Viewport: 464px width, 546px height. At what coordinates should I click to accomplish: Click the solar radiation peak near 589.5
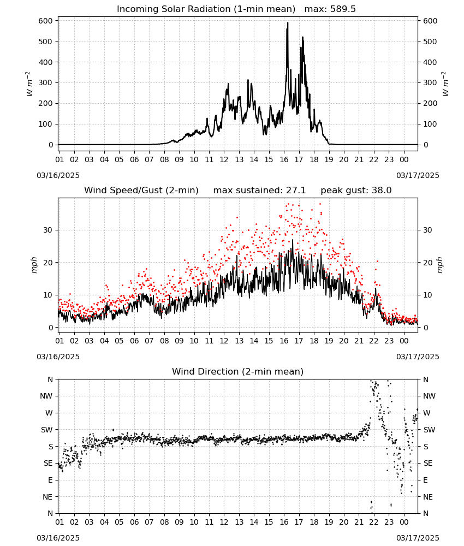click(x=288, y=23)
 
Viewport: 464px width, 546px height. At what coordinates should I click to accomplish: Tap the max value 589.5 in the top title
click(x=343, y=9)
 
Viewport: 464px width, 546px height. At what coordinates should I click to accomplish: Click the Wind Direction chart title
click(x=238, y=371)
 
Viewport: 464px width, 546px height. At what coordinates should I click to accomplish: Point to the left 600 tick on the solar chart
click(x=46, y=21)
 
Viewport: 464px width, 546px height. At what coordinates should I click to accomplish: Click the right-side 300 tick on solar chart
click(x=430, y=83)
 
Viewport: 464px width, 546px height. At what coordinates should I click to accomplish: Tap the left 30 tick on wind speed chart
click(x=49, y=230)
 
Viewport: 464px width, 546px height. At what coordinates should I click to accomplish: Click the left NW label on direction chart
click(x=46, y=396)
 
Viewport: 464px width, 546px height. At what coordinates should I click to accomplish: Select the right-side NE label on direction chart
click(x=428, y=497)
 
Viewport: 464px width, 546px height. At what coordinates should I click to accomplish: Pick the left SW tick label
click(x=47, y=430)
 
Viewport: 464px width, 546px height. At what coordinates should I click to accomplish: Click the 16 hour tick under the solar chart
click(x=284, y=160)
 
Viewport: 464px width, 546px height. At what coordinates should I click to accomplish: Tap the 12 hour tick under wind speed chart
click(x=224, y=341)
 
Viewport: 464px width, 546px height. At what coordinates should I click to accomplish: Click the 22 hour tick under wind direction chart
click(x=374, y=523)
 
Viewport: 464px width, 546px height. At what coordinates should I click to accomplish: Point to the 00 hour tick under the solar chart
click(x=404, y=160)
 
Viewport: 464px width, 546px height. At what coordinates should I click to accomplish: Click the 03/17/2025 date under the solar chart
click(x=418, y=175)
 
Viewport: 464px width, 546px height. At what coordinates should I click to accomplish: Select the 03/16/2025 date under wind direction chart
click(x=58, y=538)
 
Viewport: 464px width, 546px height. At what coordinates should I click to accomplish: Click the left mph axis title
click(x=34, y=265)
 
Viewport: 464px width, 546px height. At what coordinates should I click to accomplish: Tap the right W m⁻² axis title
click(x=445, y=84)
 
